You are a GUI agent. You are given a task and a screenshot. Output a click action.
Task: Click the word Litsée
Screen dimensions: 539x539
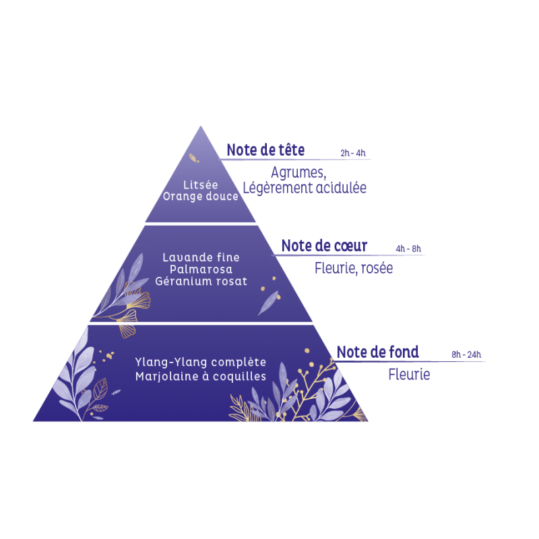click(x=200, y=185)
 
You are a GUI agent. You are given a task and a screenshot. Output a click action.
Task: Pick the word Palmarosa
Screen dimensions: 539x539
click(x=201, y=269)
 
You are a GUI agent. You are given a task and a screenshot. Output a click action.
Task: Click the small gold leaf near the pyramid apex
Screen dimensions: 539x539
click(x=193, y=158)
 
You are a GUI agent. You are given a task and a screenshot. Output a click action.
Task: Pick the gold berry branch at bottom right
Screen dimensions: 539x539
click(x=313, y=384)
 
